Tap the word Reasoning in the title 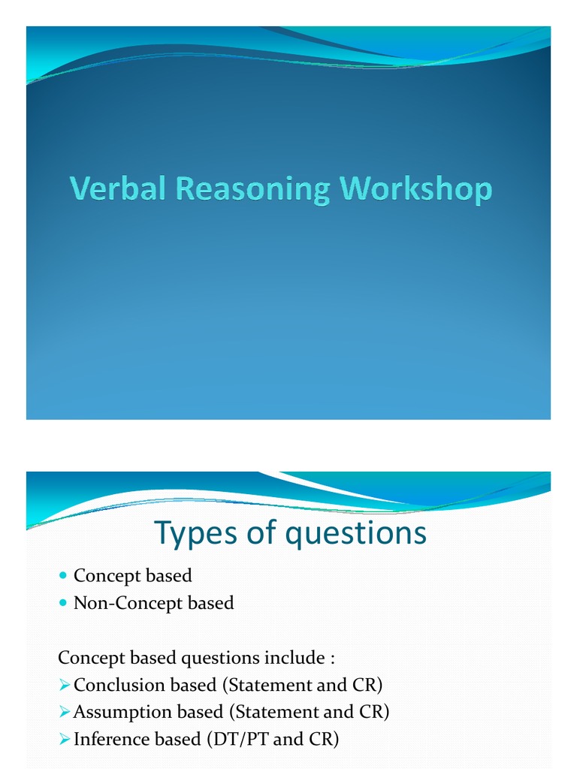(x=252, y=189)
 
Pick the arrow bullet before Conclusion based (x=65, y=685)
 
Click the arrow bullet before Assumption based (x=65, y=711)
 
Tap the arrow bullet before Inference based (x=65, y=739)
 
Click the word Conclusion (x=119, y=685)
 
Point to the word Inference (x=111, y=739)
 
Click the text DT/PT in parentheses (x=245, y=739)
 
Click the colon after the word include (x=331, y=659)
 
